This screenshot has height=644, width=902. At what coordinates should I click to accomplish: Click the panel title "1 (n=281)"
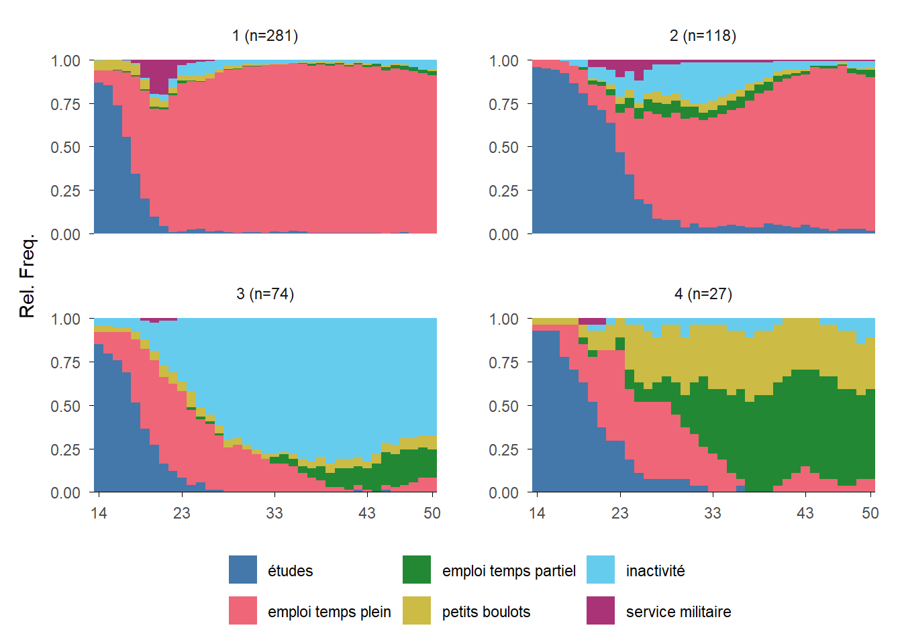(265, 36)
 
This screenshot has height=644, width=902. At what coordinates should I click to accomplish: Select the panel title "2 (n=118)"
(703, 36)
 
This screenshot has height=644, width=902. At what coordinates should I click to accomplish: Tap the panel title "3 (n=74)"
(265, 294)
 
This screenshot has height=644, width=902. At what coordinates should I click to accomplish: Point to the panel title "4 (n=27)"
(703, 294)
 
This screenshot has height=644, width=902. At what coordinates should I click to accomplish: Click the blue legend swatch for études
(243, 570)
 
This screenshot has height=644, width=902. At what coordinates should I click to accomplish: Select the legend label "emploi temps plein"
(329, 612)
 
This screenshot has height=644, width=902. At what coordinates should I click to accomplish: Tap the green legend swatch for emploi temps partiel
(417, 570)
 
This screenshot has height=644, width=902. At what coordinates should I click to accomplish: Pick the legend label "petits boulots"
(486, 612)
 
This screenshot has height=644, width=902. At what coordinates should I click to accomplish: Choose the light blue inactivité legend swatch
(601, 570)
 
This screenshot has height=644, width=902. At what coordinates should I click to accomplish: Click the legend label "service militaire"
(678, 612)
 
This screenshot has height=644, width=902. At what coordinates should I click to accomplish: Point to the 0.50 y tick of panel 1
(66, 148)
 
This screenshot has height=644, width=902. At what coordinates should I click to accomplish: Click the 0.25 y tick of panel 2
(503, 191)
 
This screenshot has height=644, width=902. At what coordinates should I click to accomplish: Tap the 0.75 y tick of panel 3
(66, 363)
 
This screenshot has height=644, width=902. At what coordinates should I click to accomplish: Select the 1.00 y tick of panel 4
(503, 319)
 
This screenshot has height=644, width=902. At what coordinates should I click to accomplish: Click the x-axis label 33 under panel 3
(274, 514)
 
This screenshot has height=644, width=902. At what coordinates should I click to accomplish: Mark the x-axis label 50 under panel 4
(870, 514)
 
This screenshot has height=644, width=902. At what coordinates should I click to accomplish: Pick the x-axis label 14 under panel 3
(99, 514)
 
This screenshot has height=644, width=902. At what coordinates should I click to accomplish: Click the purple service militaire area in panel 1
(158, 74)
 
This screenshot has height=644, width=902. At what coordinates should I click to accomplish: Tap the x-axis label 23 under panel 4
(619, 514)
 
